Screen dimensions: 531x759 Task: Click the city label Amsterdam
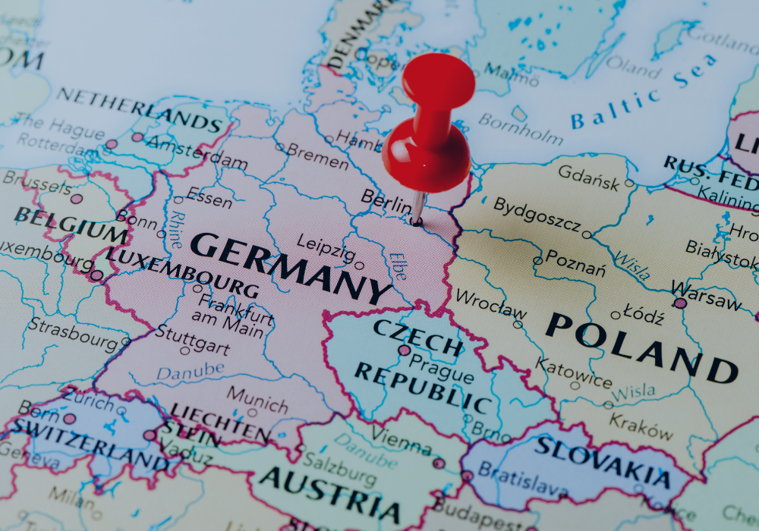(x=197, y=151)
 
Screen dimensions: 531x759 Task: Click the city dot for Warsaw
(x=680, y=303)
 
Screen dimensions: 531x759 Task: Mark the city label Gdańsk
(x=589, y=174)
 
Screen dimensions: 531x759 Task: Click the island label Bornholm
(x=521, y=128)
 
